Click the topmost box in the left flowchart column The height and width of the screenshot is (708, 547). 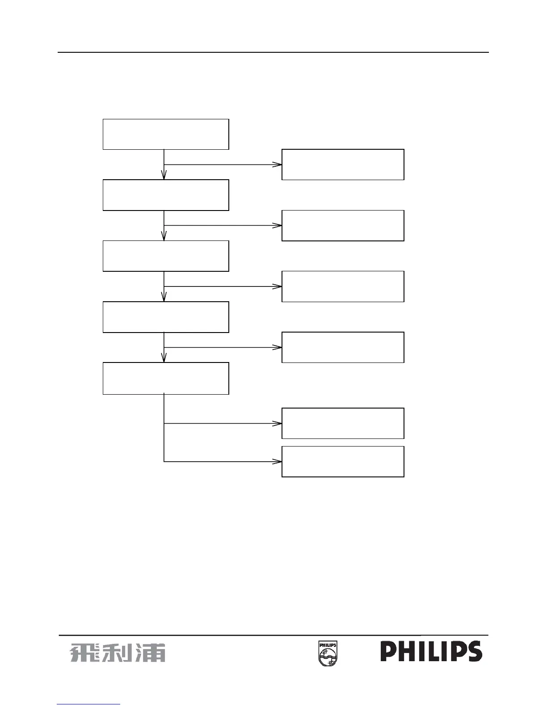tap(166, 134)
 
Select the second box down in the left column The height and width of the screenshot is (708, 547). tap(166, 195)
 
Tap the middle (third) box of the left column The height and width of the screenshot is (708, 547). tap(166, 256)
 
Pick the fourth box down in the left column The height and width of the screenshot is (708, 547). tap(166, 317)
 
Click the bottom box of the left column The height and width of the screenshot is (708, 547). tap(166, 378)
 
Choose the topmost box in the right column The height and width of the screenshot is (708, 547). tap(343, 164)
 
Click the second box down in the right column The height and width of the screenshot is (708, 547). tap(343, 225)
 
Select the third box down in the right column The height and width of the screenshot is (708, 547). tap(343, 286)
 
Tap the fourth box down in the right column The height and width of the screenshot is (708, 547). tap(343, 347)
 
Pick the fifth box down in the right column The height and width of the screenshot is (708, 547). tap(343, 423)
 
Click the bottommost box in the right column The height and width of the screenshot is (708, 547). tap(343, 461)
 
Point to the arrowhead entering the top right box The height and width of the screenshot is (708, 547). tap(278, 164)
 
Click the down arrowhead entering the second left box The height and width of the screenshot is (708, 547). tap(164, 176)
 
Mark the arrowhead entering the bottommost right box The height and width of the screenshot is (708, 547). tap(278, 461)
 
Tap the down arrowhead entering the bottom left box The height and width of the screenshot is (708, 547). tap(164, 358)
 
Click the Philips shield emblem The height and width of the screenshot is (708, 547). tap(328, 653)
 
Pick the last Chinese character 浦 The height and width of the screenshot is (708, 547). tap(151, 653)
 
